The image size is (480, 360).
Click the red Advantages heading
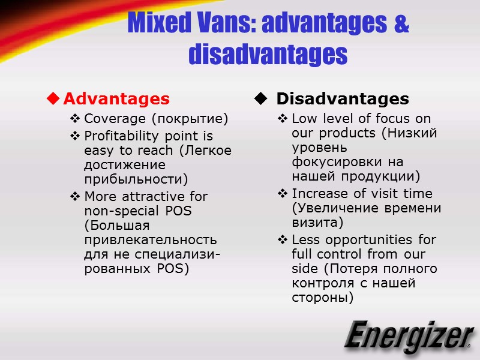116,98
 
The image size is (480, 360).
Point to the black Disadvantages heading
343,98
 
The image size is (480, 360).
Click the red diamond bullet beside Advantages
53,98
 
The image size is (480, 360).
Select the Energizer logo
409,337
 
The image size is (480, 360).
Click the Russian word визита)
317,223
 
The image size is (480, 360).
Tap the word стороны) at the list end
322,298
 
